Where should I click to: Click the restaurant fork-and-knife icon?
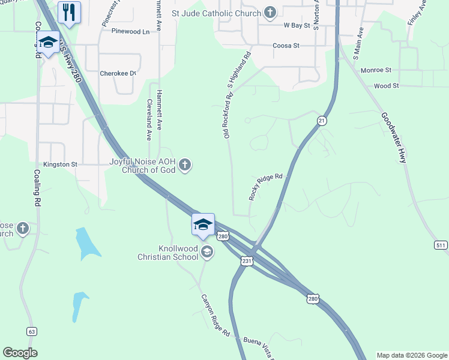(69, 11)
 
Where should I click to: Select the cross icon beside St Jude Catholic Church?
(270, 13)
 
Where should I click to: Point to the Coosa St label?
(286, 46)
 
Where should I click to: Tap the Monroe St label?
(376, 70)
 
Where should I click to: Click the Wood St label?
(386, 86)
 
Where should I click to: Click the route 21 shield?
(322, 121)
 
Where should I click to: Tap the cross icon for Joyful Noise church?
(185, 164)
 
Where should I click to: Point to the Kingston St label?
(61, 164)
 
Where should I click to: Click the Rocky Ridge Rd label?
(265, 187)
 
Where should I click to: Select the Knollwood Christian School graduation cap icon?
(207, 252)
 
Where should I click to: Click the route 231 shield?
(247, 261)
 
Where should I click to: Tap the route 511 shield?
(441, 245)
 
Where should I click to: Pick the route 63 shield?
(32, 331)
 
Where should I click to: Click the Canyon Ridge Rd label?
(215, 314)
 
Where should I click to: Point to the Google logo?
(20, 353)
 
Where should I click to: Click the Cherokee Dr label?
(118, 73)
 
